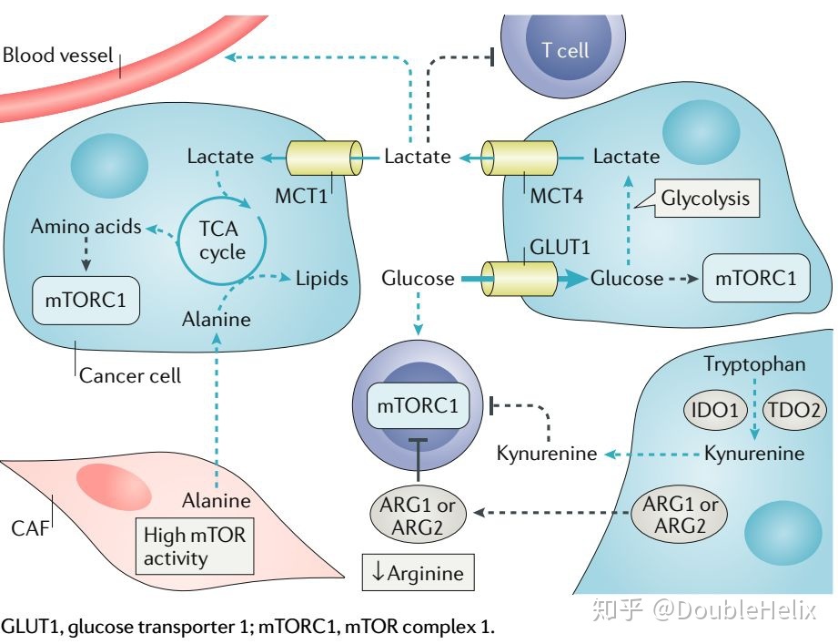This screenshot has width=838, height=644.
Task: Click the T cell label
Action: [x=565, y=49]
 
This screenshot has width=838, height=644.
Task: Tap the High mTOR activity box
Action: [x=195, y=546]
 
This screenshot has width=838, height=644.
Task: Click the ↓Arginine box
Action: [x=418, y=573]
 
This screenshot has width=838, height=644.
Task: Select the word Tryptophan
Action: [x=754, y=364]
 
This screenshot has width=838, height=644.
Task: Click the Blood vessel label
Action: [x=57, y=55]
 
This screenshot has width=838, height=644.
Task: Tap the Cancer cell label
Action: [x=130, y=375]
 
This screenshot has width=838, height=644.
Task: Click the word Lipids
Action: [x=321, y=278]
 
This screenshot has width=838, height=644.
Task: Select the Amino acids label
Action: [x=86, y=227]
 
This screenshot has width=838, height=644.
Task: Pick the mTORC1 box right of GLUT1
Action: [x=755, y=278]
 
